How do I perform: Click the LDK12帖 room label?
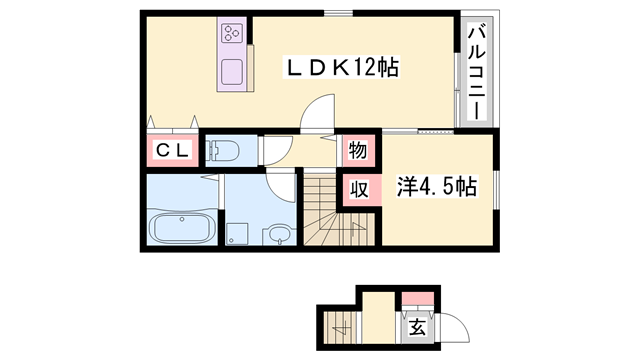[344, 68]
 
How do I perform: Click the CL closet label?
[168, 151]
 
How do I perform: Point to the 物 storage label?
[357, 151]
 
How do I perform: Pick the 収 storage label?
[357, 188]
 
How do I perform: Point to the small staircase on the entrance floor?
[341, 325]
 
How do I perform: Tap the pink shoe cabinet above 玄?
[417, 297]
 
